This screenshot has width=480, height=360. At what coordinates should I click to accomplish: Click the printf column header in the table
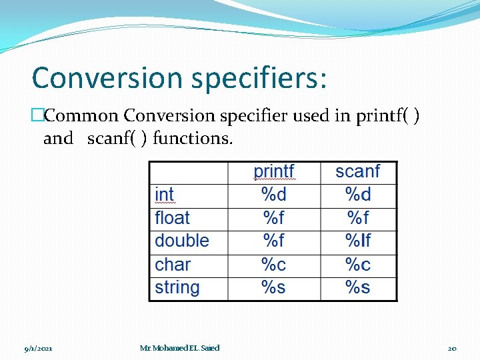click(274, 172)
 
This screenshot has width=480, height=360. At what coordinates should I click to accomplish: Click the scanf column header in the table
click(358, 172)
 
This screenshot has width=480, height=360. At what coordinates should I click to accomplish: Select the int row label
click(164, 195)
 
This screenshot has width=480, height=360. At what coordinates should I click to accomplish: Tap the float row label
click(172, 218)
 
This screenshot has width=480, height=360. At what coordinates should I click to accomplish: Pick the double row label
click(181, 241)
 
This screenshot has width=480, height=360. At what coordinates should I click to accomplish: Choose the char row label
click(173, 265)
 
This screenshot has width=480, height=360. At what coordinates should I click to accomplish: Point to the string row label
click(177, 288)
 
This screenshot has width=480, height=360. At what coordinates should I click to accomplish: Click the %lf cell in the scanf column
click(358, 241)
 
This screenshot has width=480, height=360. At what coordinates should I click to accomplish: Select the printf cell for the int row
click(274, 195)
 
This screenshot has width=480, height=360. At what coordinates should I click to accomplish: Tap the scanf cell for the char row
click(358, 265)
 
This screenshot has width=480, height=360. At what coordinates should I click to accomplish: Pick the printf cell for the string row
click(274, 288)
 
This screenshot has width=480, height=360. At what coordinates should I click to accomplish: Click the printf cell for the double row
click(274, 241)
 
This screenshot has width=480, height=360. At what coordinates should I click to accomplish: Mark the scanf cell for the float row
click(358, 218)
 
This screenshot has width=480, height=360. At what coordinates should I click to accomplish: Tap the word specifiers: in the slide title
click(259, 79)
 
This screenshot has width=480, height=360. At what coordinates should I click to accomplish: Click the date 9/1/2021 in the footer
click(39, 348)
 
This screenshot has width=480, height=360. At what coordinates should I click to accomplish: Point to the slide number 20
click(452, 348)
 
